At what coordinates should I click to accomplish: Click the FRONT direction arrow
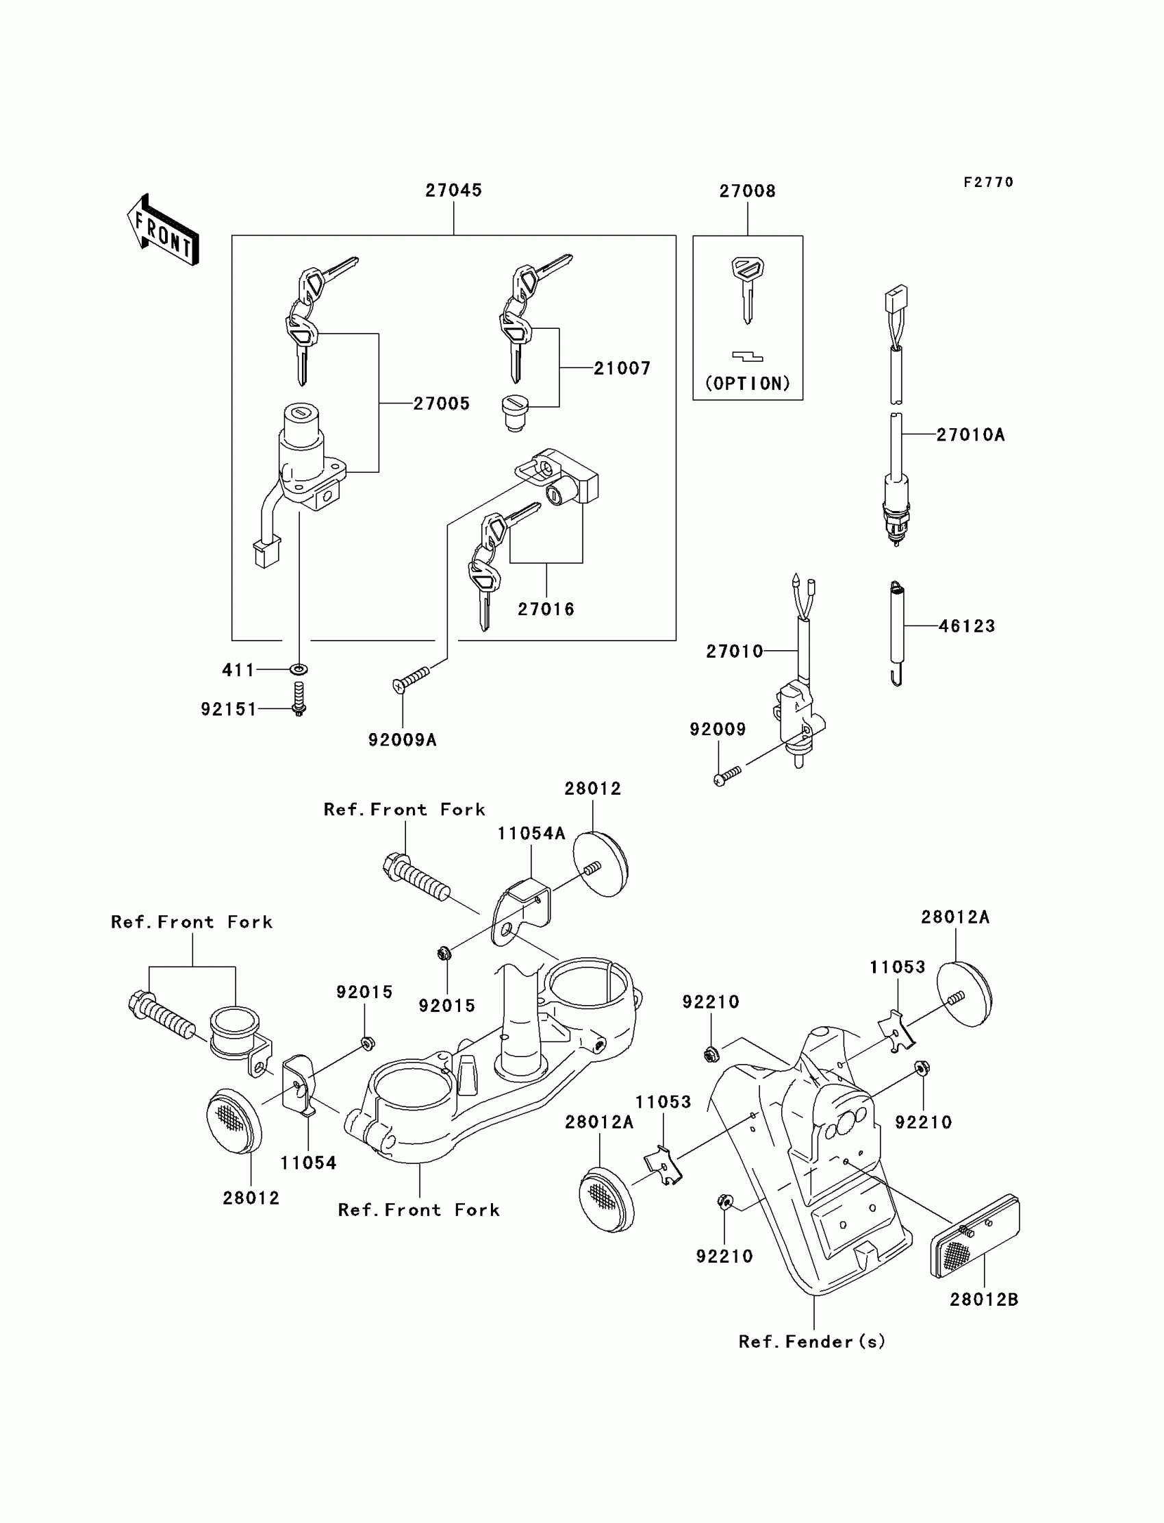click(x=164, y=230)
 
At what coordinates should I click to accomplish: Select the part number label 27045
click(x=453, y=190)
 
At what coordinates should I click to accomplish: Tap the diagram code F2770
click(x=988, y=182)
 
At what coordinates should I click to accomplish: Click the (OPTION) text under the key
click(x=747, y=384)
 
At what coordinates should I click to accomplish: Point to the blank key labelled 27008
click(x=747, y=288)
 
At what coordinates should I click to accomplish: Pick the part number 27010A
click(x=970, y=434)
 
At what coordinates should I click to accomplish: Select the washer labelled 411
click(x=299, y=669)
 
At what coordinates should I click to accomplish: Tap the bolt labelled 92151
click(x=299, y=699)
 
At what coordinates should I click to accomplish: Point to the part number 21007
click(x=622, y=368)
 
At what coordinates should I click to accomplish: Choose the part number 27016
click(x=546, y=608)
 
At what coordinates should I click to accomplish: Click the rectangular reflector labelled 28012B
click(x=974, y=1236)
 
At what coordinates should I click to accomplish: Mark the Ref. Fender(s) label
click(x=812, y=1341)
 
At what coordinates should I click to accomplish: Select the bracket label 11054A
click(x=531, y=833)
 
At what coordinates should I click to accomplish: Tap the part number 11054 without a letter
click(x=307, y=1163)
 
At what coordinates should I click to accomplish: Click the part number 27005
click(x=442, y=404)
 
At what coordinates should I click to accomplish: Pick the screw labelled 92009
click(x=727, y=773)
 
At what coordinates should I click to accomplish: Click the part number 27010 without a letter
click(x=734, y=651)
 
